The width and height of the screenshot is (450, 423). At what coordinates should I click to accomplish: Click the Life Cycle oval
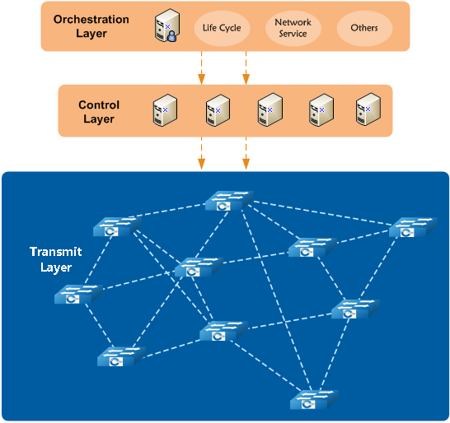(222, 28)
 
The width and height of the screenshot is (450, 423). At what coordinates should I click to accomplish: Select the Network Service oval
(293, 28)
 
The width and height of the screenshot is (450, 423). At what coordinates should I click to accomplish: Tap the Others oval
(364, 28)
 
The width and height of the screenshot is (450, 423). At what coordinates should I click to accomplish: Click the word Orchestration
(91, 20)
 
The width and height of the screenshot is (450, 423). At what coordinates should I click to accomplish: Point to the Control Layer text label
(99, 112)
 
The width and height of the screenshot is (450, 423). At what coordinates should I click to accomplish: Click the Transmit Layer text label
(56, 259)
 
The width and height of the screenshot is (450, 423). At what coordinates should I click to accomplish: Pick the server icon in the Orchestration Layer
(167, 26)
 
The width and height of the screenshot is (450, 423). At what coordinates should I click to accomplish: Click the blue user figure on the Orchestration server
(171, 37)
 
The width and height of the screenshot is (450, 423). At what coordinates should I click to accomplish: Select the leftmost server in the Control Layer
(165, 110)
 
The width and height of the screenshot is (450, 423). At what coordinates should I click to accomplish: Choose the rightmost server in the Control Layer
(368, 109)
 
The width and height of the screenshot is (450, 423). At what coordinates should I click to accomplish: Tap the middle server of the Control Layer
(270, 109)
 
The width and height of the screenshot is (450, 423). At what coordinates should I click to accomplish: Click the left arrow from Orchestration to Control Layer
(201, 68)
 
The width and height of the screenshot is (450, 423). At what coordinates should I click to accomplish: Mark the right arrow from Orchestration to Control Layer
(246, 68)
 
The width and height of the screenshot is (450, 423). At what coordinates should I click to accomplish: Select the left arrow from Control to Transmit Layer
(201, 153)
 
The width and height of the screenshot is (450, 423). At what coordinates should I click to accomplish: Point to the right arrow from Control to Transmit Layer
(246, 153)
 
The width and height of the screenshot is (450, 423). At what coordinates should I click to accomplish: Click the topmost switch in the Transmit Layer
(229, 201)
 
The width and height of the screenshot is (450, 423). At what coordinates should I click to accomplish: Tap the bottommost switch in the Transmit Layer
(314, 399)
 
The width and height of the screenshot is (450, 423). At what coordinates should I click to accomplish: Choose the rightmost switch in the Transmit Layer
(413, 227)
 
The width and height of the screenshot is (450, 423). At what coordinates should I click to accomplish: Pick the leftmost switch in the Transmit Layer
(78, 294)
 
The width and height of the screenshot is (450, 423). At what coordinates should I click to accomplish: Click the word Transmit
(56, 252)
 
